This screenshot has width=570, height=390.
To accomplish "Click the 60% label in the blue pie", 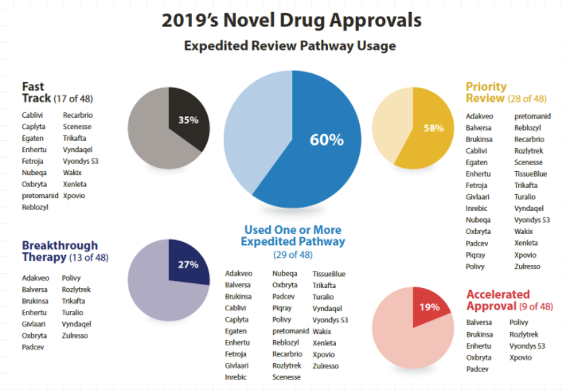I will click(326, 140).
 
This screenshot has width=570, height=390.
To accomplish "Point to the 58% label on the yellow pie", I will click(433, 128).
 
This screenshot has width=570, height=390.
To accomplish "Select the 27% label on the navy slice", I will click(188, 265).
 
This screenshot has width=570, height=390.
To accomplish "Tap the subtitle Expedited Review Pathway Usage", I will click(289, 46).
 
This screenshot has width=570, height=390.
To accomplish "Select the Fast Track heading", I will click(35, 92).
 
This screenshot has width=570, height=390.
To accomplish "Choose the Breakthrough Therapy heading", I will click(60, 251).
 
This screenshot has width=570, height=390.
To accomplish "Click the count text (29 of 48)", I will click(294, 255).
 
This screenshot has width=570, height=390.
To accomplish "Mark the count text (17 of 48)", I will click(78, 99).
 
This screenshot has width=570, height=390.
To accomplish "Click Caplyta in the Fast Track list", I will click(34, 127).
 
